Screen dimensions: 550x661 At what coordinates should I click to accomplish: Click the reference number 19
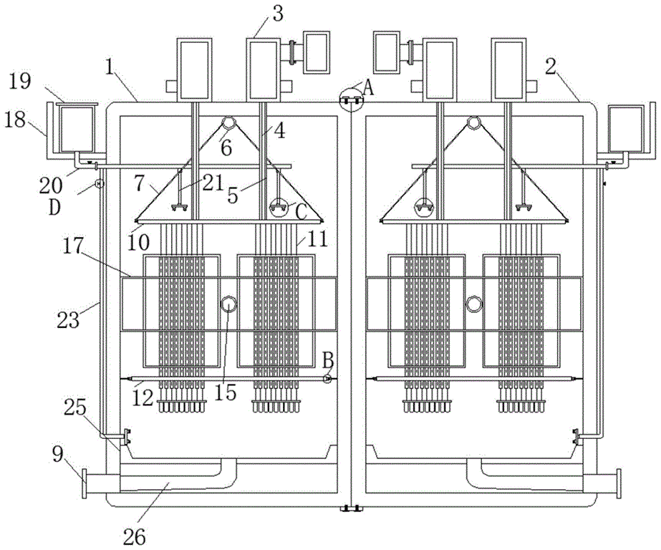pos(20,80)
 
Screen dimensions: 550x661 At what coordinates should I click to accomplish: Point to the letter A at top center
pos(370,87)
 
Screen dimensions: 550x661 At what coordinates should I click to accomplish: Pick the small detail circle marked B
pos(328,378)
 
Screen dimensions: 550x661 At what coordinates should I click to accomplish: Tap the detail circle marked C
pos(279,208)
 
